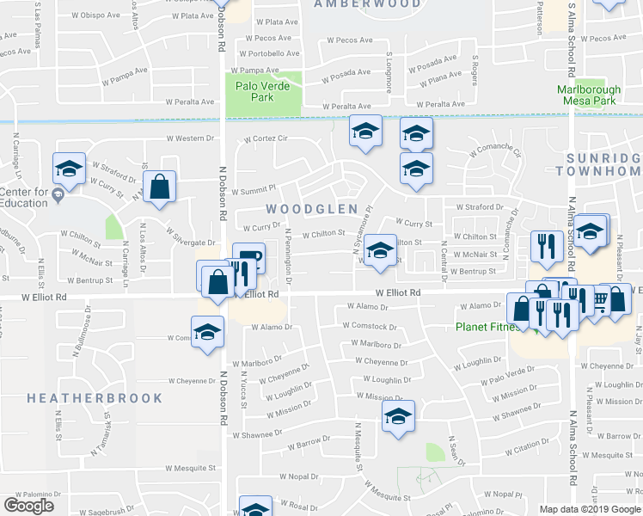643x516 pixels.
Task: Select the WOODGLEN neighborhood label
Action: (x=299, y=209)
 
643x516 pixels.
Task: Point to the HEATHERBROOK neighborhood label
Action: (x=95, y=398)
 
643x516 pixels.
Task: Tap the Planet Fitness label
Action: (x=492, y=327)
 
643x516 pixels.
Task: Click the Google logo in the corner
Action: (x=29, y=506)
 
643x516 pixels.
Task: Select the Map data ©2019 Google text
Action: (x=589, y=509)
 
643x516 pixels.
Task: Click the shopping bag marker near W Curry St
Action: (x=160, y=187)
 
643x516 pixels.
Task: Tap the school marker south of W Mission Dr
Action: (x=398, y=417)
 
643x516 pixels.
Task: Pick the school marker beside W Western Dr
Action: (x=365, y=132)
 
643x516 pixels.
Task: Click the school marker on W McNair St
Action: (x=379, y=250)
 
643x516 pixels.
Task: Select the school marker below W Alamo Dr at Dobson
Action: (x=208, y=333)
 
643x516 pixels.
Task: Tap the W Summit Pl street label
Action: (x=258, y=187)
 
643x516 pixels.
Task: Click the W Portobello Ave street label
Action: (x=270, y=53)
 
